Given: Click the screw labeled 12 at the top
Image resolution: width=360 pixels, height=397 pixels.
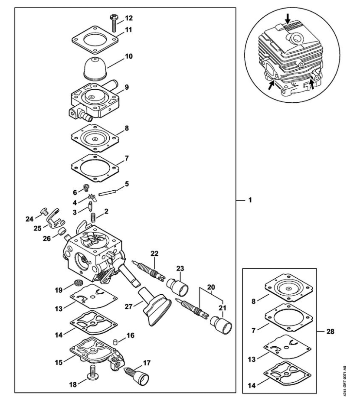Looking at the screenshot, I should pyautogui.click(x=114, y=22).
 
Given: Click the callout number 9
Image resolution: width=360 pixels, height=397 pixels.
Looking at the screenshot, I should pyautogui.click(x=127, y=87).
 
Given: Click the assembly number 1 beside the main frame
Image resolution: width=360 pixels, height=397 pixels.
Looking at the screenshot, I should pyautogui.click(x=250, y=201).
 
